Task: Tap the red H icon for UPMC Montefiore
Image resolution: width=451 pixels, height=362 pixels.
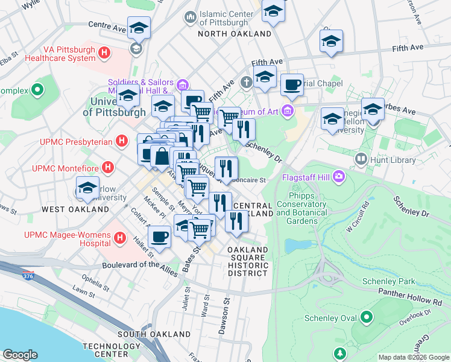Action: [x=108, y=167]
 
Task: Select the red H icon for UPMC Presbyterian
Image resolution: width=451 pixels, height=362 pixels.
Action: [x=121, y=141]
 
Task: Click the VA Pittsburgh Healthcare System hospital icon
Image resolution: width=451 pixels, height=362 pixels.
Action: [x=105, y=53]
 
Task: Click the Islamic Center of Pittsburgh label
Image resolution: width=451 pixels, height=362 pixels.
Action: [x=224, y=18]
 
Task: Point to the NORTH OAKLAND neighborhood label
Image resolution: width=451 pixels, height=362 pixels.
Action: [x=235, y=34]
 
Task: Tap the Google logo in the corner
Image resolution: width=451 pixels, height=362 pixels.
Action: [x=20, y=355]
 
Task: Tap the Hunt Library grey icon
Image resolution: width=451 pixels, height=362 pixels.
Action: [x=361, y=160]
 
